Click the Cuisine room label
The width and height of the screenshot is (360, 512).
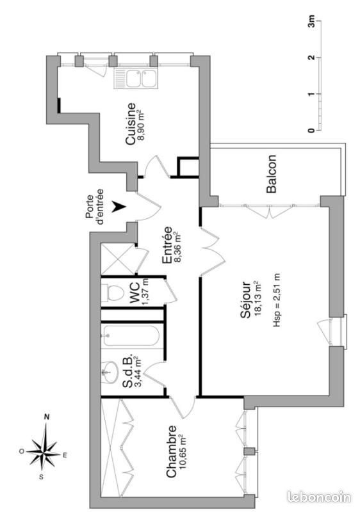[x=130, y=124]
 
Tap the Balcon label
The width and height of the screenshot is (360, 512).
[x=272, y=173]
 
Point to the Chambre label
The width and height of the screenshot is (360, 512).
[x=172, y=452]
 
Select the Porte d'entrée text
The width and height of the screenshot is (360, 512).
[x=95, y=205]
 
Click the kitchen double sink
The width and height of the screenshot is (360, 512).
[x=136, y=79]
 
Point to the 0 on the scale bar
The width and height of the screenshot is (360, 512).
[x=311, y=131]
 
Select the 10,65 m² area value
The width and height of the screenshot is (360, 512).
[x=184, y=452]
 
